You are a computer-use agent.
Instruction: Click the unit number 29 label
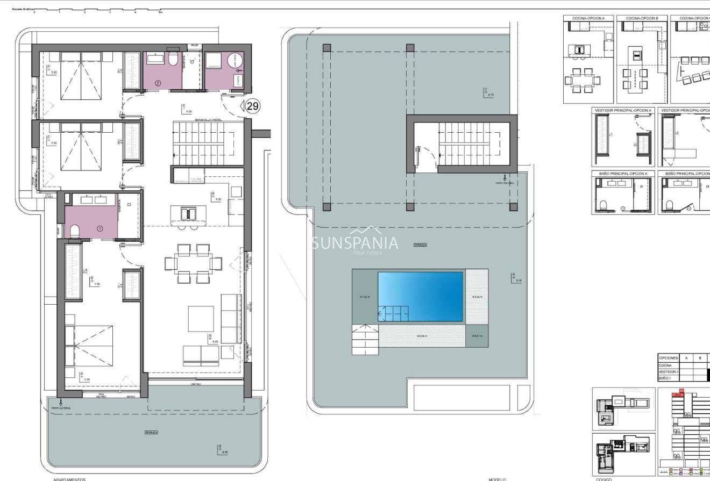(x=252, y=106)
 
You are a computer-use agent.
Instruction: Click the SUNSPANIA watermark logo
(x=355, y=243)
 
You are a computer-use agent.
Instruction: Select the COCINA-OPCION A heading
(x=588, y=18)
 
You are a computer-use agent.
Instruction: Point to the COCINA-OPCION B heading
(x=642, y=18)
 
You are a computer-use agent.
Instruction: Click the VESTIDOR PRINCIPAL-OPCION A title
(x=623, y=110)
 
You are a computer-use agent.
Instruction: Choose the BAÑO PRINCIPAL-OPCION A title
(x=623, y=174)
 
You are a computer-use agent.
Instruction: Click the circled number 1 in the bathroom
(x=100, y=228)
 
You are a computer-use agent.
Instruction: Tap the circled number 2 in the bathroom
(x=158, y=83)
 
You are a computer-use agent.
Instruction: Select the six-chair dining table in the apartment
(x=193, y=263)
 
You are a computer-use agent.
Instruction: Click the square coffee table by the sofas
(x=201, y=319)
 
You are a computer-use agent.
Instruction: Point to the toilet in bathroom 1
(x=74, y=232)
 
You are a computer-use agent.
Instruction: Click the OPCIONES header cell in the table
(x=669, y=357)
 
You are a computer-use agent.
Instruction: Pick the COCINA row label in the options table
(x=665, y=365)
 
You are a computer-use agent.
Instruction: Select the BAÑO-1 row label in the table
(x=665, y=378)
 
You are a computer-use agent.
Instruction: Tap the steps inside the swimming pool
(x=392, y=313)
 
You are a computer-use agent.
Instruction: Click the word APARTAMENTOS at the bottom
(x=69, y=479)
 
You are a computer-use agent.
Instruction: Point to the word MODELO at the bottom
(x=498, y=479)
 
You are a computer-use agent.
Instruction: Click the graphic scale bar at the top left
(x=97, y=10)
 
